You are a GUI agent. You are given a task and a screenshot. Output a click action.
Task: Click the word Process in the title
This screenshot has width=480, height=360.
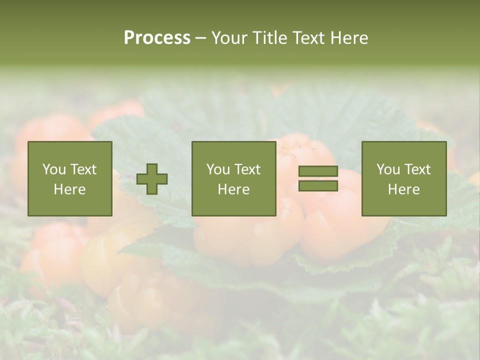tap(157, 38)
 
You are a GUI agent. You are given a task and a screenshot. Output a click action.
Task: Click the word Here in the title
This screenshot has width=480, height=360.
tap(349, 38)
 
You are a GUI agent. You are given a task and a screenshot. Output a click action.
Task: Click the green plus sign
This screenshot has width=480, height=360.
tap(152, 179)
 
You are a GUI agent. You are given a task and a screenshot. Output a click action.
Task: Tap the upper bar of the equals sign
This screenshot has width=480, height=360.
tap(318, 171)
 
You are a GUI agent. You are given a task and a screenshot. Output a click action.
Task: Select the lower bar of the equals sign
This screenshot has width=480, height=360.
tap(318, 186)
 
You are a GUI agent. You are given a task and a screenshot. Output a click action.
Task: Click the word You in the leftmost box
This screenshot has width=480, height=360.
tap(53, 169)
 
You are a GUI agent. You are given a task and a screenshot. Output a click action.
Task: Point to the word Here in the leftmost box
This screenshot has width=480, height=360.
tap(70, 189)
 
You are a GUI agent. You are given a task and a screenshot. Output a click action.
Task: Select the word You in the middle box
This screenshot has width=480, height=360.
tap(218, 169)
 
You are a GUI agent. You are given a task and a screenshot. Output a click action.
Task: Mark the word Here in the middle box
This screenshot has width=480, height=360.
tap(234, 189)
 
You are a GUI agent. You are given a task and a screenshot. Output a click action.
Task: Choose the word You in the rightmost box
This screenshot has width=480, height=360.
tap(388, 169)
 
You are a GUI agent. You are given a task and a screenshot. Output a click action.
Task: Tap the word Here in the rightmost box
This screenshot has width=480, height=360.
tap(404, 189)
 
